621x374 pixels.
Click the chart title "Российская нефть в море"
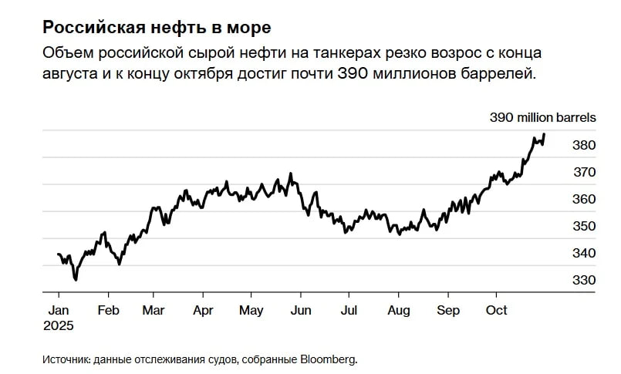(156, 29)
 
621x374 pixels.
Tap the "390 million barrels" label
(543, 118)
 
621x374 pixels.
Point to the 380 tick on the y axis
(584, 145)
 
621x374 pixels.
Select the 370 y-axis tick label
(584, 172)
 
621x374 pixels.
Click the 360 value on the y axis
(584, 199)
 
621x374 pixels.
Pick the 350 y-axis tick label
(584, 226)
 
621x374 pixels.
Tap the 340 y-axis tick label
(584, 253)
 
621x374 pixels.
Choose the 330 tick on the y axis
(584, 280)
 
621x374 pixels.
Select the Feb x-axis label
(108, 310)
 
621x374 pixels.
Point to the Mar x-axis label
(154, 310)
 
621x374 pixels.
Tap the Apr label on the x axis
(203, 310)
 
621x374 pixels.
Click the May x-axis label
(251, 310)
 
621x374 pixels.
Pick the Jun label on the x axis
(300, 310)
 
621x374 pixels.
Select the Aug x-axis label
(398, 310)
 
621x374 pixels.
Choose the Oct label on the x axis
(496, 310)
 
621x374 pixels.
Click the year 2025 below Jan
(60, 326)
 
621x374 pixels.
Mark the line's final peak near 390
(544, 134)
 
